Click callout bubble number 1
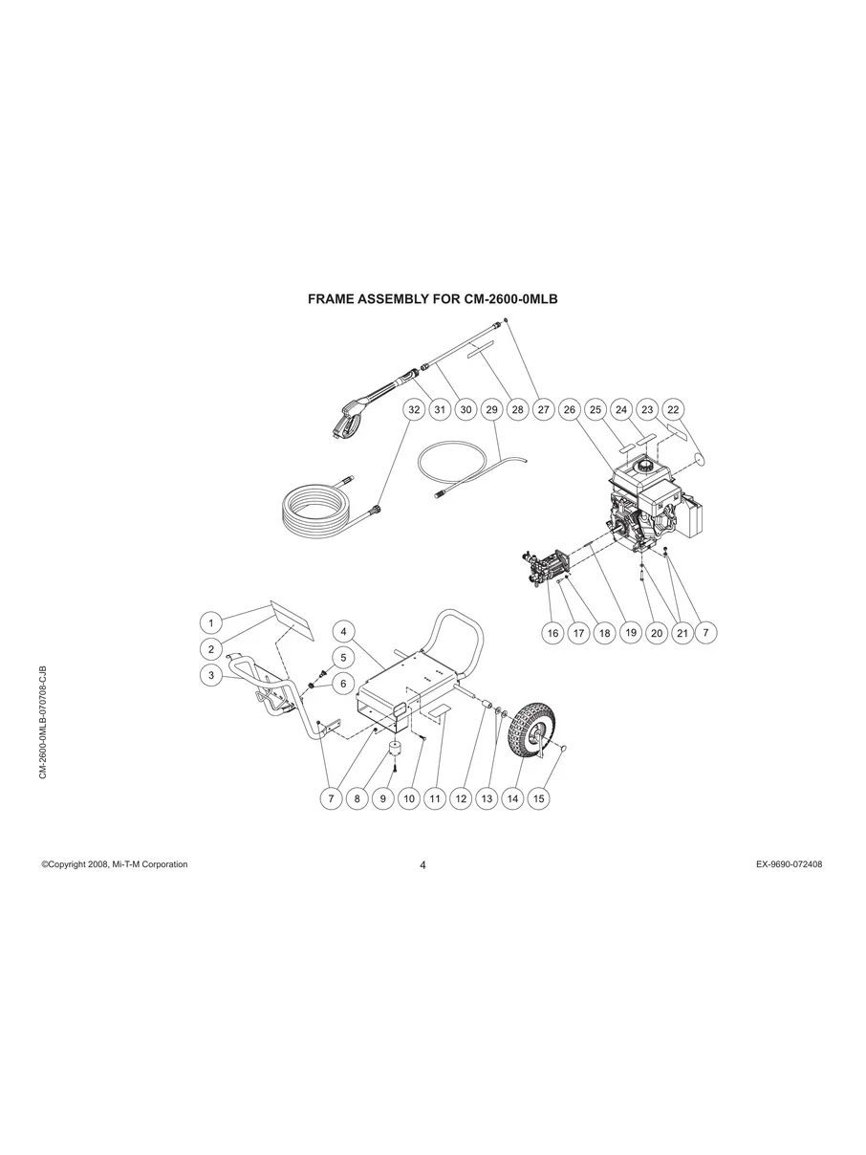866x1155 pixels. click(x=210, y=622)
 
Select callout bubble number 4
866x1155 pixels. click(x=344, y=631)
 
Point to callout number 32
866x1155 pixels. click(x=413, y=409)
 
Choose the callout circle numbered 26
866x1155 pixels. click(x=570, y=409)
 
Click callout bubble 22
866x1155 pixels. click(x=673, y=409)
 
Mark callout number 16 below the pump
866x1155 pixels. click(x=552, y=632)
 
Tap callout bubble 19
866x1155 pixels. click(x=630, y=632)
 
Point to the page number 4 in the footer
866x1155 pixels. click(x=422, y=865)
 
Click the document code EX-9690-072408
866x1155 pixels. click(x=789, y=864)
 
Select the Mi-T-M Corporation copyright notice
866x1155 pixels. click(x=115, y=864)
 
